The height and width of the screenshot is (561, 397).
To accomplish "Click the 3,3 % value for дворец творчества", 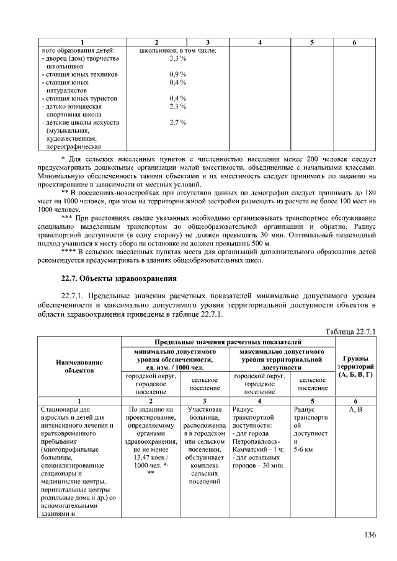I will (x=178, y=58).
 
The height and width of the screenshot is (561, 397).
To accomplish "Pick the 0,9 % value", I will (x=178, y=74).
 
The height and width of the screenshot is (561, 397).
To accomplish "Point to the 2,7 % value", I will (x=178, y=123).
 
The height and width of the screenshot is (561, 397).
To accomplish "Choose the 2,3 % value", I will (x=178, y=107).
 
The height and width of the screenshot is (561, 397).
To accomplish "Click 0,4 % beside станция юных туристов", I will (x=178, y=99).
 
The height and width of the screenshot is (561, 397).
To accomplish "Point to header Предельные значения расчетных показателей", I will (x=228, y=342).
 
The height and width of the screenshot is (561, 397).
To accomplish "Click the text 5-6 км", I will (x=305, y=449).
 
